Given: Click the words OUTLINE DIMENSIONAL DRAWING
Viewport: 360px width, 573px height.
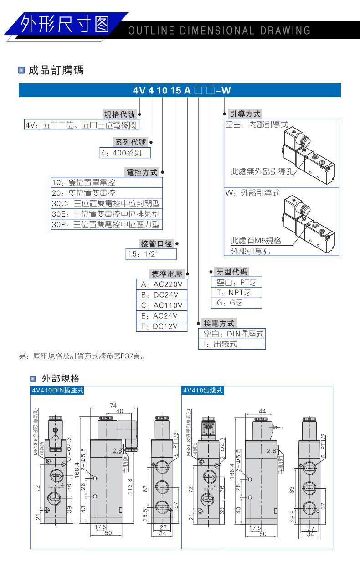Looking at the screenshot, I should coord(219,31).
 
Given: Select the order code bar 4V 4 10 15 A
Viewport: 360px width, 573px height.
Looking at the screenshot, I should coord(180,90).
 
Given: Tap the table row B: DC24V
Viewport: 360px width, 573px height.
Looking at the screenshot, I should coord(161,294).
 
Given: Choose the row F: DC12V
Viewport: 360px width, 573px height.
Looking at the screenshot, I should coord(161,326).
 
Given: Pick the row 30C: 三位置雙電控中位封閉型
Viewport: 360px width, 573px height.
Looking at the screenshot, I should coord(106,203).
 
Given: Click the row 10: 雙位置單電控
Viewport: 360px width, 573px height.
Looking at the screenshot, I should coord(106,182).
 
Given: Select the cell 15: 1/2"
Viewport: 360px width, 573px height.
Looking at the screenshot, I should coord(151,254).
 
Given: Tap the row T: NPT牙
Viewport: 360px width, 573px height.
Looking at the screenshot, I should coord(236,293).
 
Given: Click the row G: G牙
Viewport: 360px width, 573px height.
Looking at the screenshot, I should coord(236,303).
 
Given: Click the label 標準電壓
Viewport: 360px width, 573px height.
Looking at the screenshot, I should coord(166,274).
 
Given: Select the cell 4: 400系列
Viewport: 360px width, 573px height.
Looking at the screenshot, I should coord(125,153).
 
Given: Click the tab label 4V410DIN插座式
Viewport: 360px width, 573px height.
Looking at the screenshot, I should coord(57,390).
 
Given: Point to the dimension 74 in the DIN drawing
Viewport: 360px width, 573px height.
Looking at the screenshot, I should coord(113,405).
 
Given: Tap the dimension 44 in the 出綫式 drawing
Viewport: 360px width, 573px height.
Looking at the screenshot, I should coord(262,411).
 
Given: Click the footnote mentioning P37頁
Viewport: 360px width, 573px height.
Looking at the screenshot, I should coord(82,356).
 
